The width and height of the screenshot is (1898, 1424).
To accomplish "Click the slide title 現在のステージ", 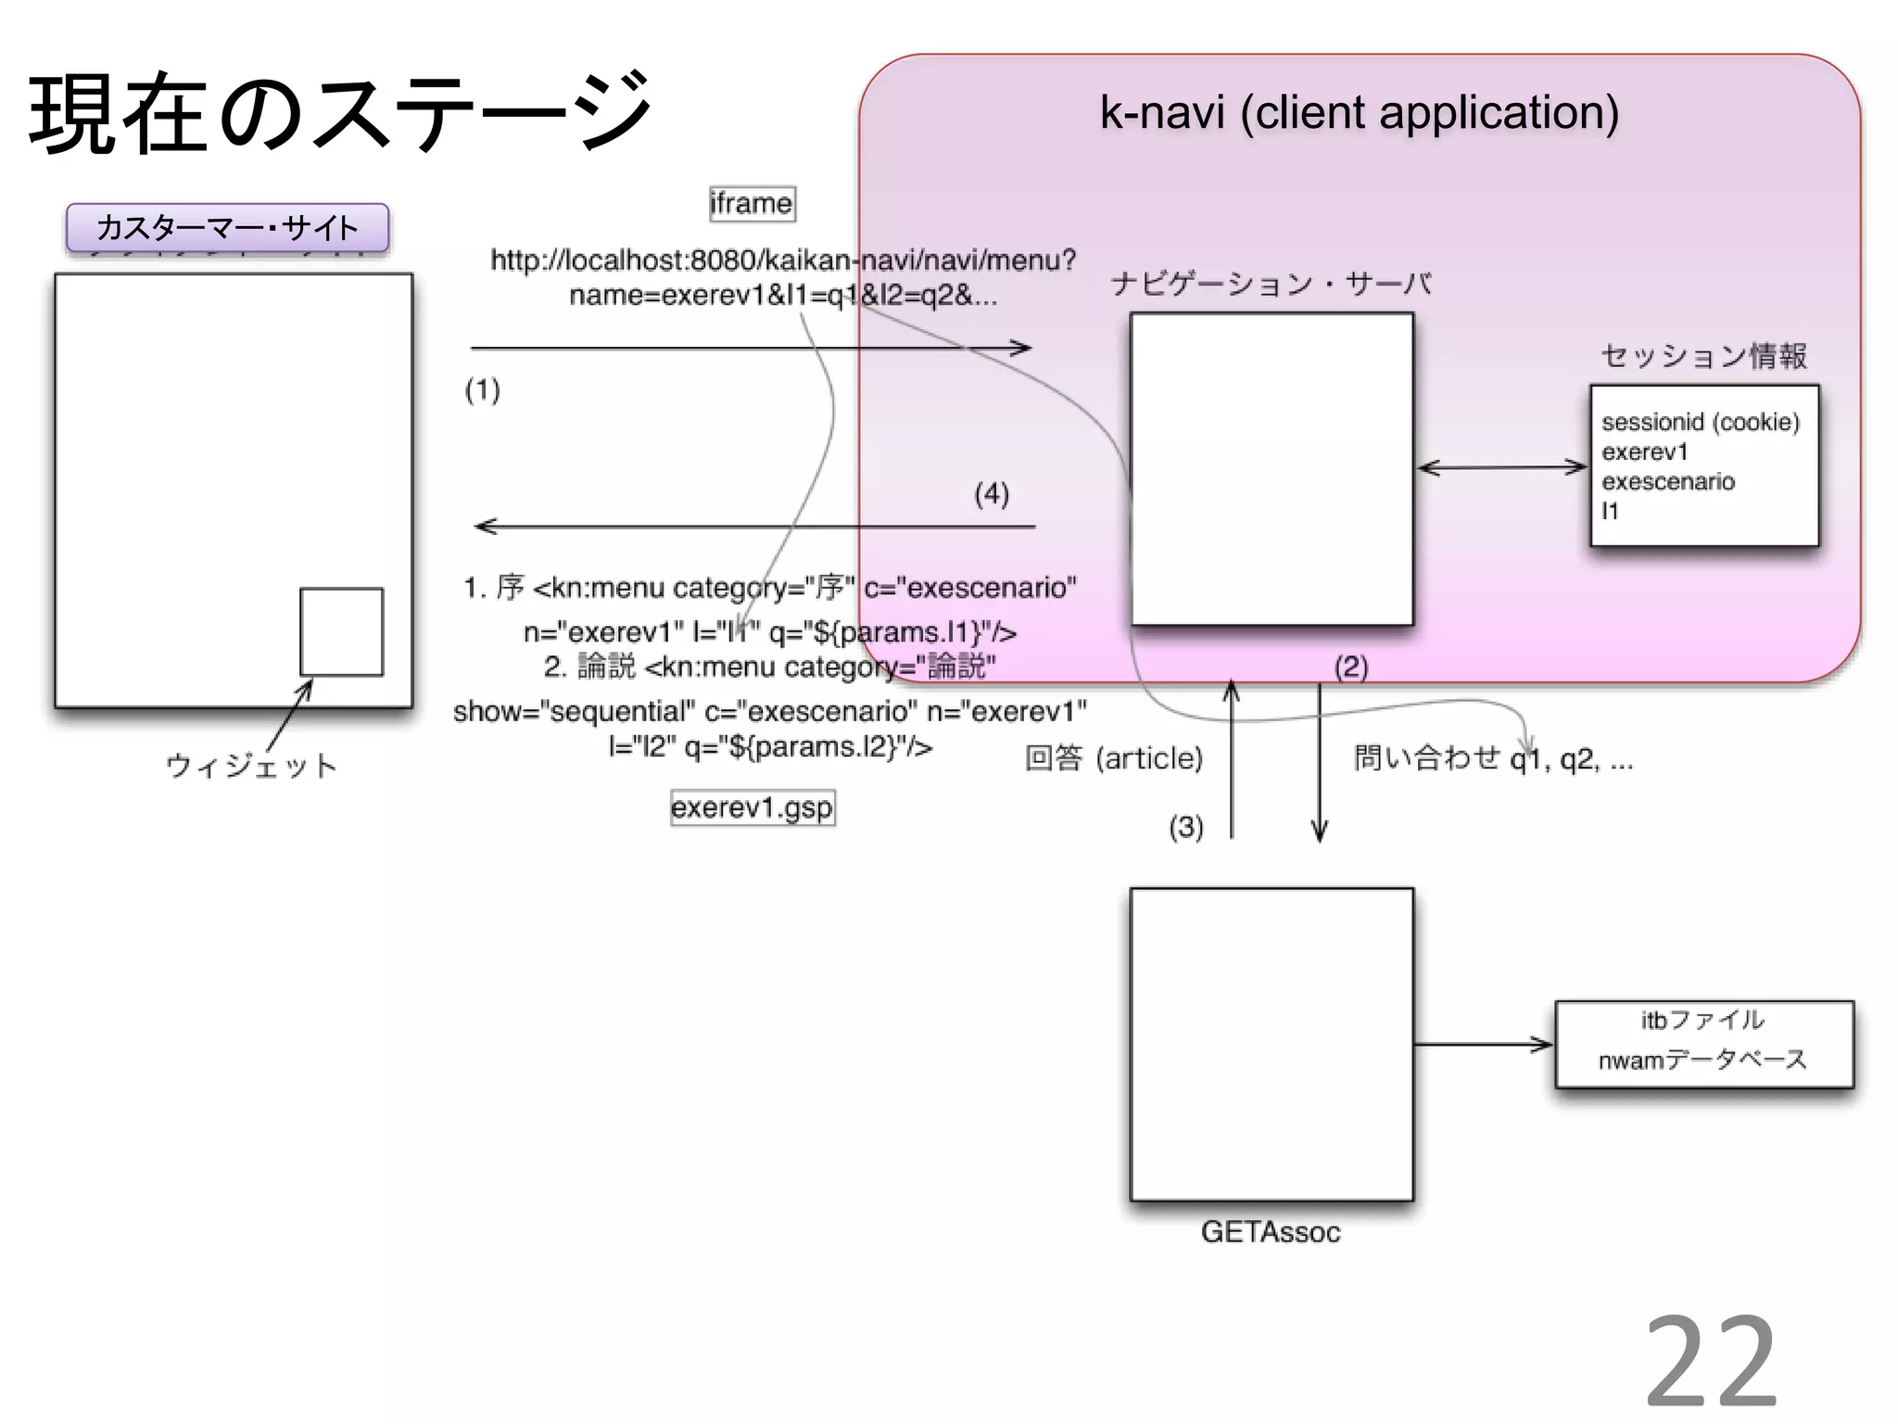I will (341, 113).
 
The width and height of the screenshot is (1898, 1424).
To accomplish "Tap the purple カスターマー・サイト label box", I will (227, 228).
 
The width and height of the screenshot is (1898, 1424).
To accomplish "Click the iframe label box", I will (752, 203).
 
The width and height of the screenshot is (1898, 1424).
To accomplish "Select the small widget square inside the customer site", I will (341, 631).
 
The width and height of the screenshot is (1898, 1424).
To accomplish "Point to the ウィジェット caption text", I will (251, 766).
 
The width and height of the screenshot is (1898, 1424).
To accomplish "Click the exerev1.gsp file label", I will (753, 807).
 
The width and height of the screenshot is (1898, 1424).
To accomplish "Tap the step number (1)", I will (483, 389).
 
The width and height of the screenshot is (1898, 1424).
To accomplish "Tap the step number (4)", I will (991, 493).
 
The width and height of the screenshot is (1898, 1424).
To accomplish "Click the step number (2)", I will (1350, 667).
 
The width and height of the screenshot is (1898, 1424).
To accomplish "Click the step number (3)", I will (1185, 826).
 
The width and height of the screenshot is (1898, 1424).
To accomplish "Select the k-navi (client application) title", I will (1359, 113).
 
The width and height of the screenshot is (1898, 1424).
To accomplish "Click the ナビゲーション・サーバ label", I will (1271, 284).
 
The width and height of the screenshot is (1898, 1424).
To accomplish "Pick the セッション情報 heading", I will (1703, 355).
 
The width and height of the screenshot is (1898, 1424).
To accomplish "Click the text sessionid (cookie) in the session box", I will (1700, 423).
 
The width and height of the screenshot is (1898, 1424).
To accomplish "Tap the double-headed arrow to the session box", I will (1501, 467).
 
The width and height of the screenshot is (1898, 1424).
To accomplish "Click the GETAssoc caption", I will (1271, 1232).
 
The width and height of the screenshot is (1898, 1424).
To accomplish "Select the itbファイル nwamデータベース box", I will (1703, 1044).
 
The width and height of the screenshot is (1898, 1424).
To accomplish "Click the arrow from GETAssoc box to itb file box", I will (1483, 1045).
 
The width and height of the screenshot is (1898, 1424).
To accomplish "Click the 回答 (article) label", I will (1114, 758).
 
